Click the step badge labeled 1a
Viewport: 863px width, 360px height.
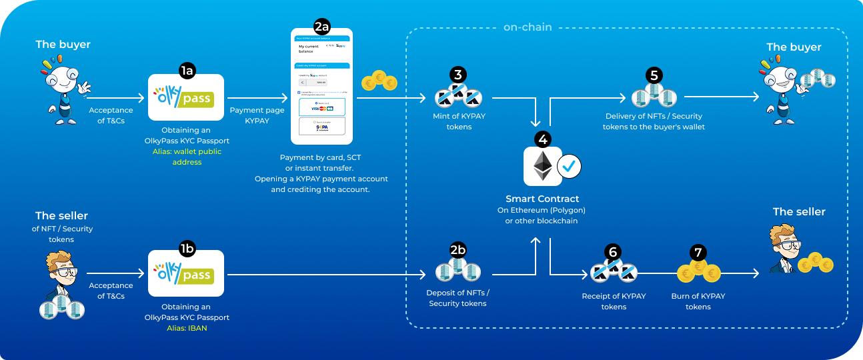coord(187,69)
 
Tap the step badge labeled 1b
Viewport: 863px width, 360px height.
coord(187,249)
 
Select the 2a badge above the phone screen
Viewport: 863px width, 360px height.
coord(321,27)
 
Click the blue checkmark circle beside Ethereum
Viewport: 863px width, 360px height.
coord(568,167)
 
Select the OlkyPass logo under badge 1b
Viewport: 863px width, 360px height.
coord(185,274)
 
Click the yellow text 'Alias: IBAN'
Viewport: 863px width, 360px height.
coord(186,328)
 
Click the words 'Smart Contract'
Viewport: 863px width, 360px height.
coord(542,199)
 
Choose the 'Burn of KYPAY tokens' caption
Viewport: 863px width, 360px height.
coord(698,301)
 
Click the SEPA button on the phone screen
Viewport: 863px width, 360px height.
coord(321,126)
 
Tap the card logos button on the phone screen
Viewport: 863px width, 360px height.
coord(321,107)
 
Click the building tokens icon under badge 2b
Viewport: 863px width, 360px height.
coord(458,270)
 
